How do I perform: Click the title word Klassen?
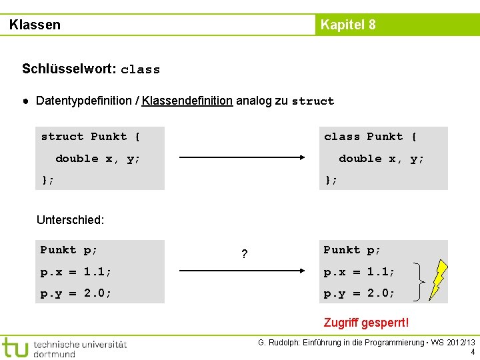35,25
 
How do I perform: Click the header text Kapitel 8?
348,25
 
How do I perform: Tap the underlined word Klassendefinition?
187,101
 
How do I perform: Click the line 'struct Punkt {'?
91,137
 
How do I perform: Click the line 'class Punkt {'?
371,137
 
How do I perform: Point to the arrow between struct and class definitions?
243,159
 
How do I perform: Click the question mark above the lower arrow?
245,254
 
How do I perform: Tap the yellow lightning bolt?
437,281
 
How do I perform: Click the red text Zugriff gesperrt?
366,323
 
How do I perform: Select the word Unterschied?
70,219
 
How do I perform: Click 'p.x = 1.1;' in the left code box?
76,272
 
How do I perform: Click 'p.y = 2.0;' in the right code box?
359,293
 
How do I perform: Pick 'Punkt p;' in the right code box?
352,250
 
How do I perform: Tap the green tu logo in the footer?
15,347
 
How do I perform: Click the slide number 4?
473,352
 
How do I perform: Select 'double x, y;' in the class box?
381,159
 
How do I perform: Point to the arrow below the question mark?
243,272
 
